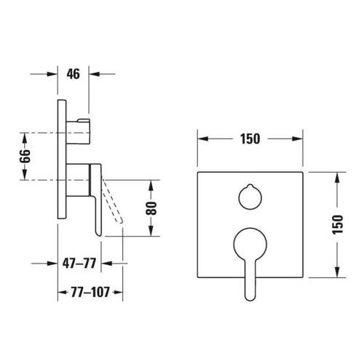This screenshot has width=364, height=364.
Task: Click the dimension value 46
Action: tap(73, 74)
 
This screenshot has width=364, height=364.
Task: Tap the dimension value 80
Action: tap(151, 208)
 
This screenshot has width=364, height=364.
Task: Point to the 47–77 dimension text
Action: tap(79, 264)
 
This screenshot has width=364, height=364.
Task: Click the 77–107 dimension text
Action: tap(90, 292)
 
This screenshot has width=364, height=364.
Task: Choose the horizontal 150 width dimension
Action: tap(250, 139)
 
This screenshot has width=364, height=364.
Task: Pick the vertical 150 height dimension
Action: tap(338, 224)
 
